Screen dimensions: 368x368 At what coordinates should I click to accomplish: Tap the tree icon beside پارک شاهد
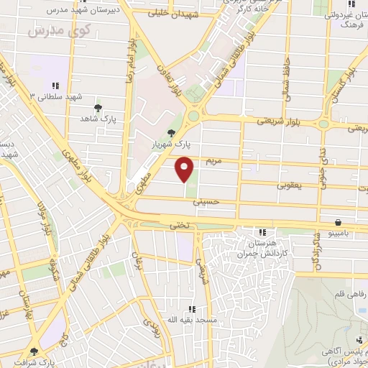[x=98, y=107]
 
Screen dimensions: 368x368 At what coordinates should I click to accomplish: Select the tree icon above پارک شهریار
[x=171, y=133]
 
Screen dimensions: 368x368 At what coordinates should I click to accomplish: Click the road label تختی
[x=178, y=225]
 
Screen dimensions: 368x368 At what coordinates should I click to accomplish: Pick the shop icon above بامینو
[x=338, y=222]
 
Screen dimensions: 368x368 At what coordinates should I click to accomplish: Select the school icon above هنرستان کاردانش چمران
[x=262, y=231]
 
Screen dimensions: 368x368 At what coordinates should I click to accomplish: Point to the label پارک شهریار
[x=165, y=144]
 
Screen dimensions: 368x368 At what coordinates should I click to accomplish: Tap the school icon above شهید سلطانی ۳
[x=56, y=85]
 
